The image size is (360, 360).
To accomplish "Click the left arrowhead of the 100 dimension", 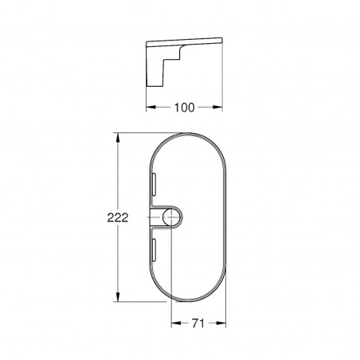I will click(148, 105).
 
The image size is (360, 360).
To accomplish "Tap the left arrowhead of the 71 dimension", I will click(174, 323).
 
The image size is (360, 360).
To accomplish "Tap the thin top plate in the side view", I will click(191, 41).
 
